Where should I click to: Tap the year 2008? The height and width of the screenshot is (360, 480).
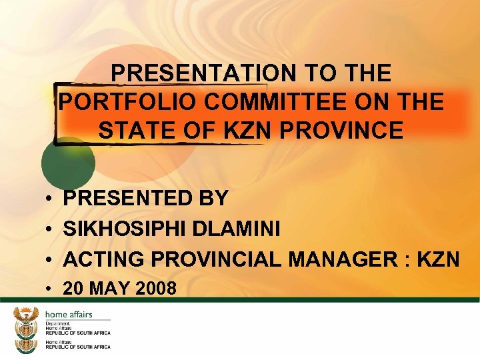tap(158, 289)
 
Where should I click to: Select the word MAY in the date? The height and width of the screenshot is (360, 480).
tap(109, 289)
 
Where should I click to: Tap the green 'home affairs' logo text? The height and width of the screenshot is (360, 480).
tap(69, 315)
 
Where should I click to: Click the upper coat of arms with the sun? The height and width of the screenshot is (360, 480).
tap(27, 322)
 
